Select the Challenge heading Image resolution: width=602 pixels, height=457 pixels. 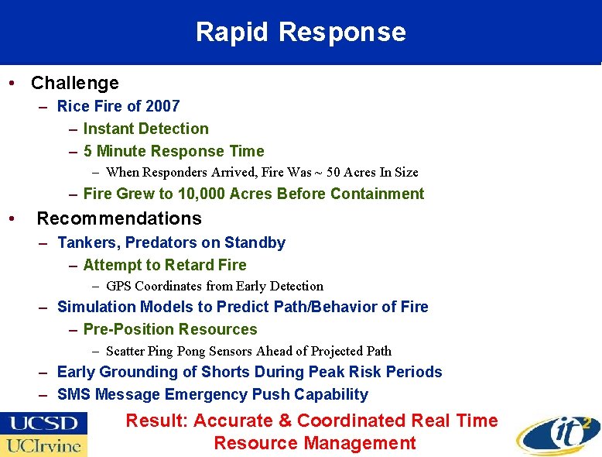(x=75, y=83)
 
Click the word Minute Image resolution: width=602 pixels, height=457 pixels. (x=121, y=151)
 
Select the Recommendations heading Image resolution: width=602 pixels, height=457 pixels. (x=119, y=218)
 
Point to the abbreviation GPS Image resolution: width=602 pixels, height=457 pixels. (x=118, y=287)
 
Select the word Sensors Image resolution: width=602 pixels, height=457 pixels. (x=227, y=351)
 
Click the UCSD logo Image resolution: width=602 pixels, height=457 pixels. (x=43, y=423)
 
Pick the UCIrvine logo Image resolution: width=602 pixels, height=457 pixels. (x=43, y=445)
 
